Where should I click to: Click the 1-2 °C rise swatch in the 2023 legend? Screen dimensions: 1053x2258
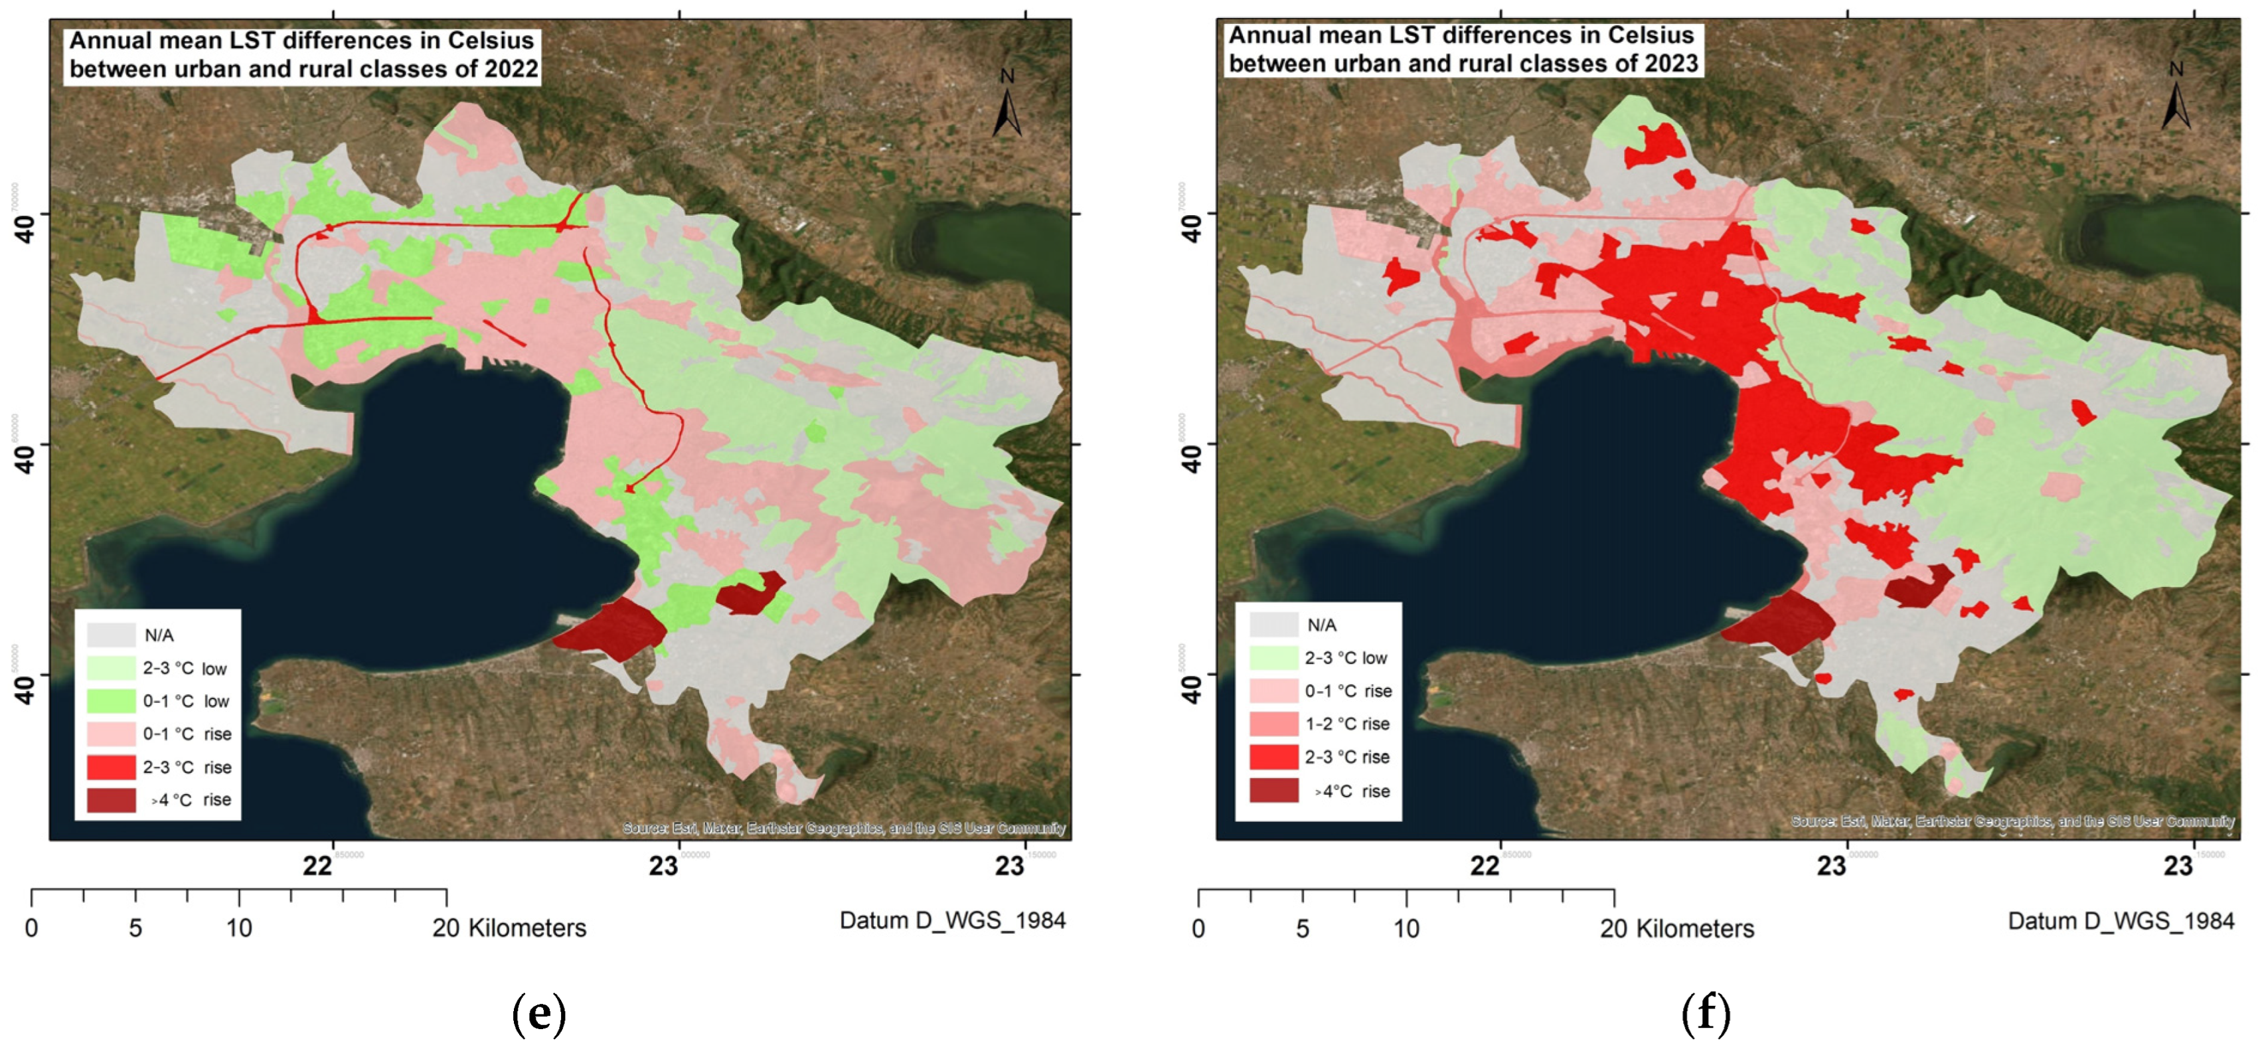[x=1273, y=723]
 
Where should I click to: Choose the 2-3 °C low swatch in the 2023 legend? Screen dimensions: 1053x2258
[x=1273, y=657]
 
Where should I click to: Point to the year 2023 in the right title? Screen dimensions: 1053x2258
[x=1670, y=64]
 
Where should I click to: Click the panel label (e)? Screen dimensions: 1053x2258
[x=538, y=1014]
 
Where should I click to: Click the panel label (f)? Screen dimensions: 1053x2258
[x=1706, y=1014]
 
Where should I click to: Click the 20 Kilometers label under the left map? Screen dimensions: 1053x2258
[x=509, y=928]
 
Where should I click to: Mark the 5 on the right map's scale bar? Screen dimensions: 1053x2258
[x=1303, y=928]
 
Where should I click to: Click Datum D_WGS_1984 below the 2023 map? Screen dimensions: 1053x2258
[x=2121, y=921]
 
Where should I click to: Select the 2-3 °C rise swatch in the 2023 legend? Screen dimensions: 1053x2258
[x=1273, y=757]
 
